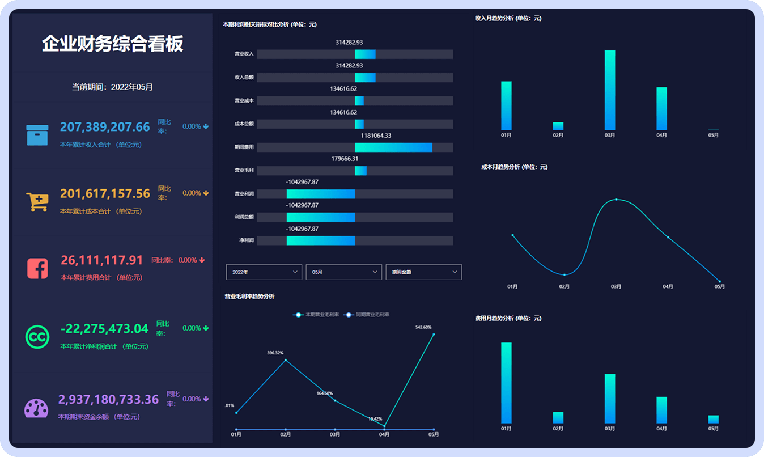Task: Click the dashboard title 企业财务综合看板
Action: pos(112,44)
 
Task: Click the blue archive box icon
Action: pos(37,135)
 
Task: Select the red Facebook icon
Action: pos(37,268)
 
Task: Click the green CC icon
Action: pos(37,337)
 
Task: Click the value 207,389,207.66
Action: pos(105,127)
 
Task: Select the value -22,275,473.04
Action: pos(104,329)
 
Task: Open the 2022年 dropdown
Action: pos(264,272)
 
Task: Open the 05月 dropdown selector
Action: pos(343,272)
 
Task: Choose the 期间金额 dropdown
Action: pos(423,272)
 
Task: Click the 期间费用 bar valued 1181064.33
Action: pos(393,147)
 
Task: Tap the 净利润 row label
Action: pos(247,240)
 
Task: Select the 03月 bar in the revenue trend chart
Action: pos(610,90)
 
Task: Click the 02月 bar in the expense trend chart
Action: pos(558,418)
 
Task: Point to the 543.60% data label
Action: pos(423,327)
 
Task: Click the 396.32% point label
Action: pos(275,353)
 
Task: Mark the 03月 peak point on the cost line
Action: pos(616,199)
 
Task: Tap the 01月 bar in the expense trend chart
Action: pos(506,383)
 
